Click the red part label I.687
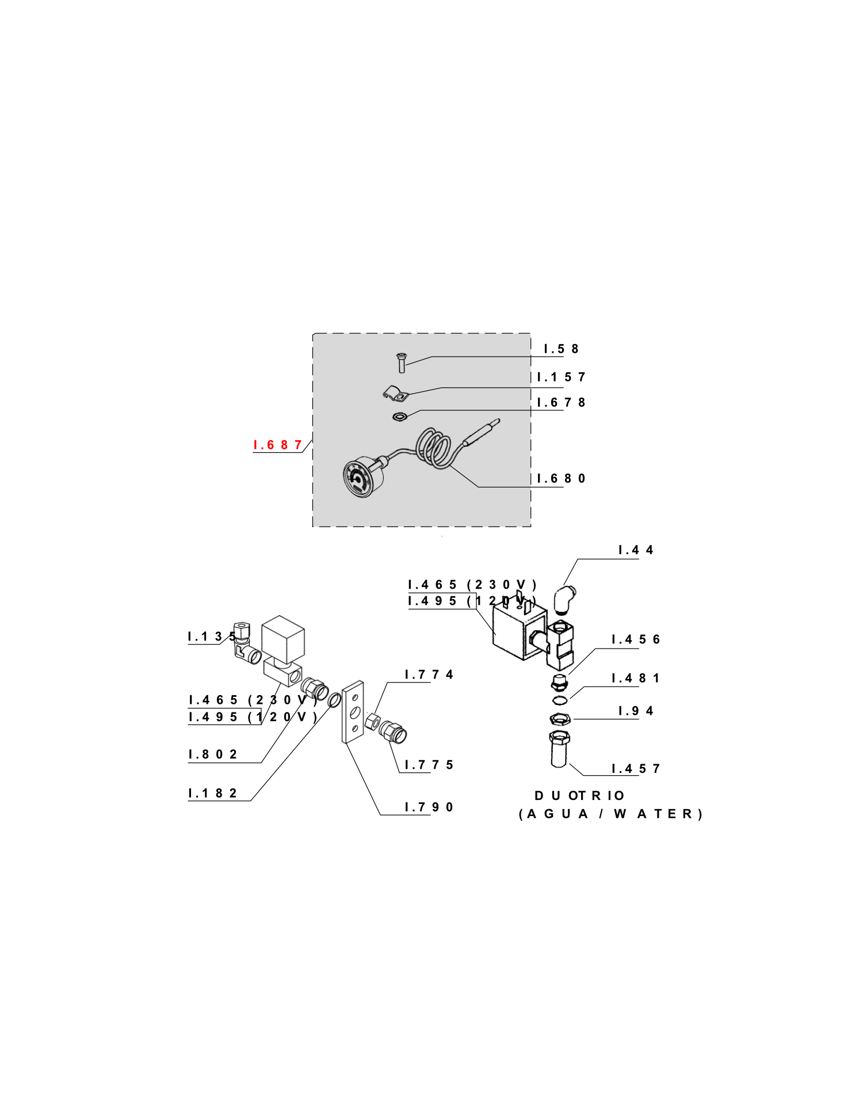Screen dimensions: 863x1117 point(278,445)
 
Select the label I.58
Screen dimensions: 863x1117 point(561,349)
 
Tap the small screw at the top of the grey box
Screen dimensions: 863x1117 point(401,363)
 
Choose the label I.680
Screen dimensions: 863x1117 point(561,478)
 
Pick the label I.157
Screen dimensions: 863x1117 point(561,377)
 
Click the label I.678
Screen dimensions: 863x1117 point(561,402)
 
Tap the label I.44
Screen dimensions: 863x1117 point(636,550)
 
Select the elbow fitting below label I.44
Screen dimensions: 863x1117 point(564,600)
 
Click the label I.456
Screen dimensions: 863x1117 point(636,639)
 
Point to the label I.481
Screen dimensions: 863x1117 point(636,678)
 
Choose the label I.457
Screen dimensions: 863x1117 point(636,768)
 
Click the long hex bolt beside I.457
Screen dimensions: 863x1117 point(559,749)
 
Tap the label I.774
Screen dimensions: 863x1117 point(429,674)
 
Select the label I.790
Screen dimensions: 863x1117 point(429,807)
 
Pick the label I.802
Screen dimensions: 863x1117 point(213,754)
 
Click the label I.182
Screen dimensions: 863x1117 point(213,793)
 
